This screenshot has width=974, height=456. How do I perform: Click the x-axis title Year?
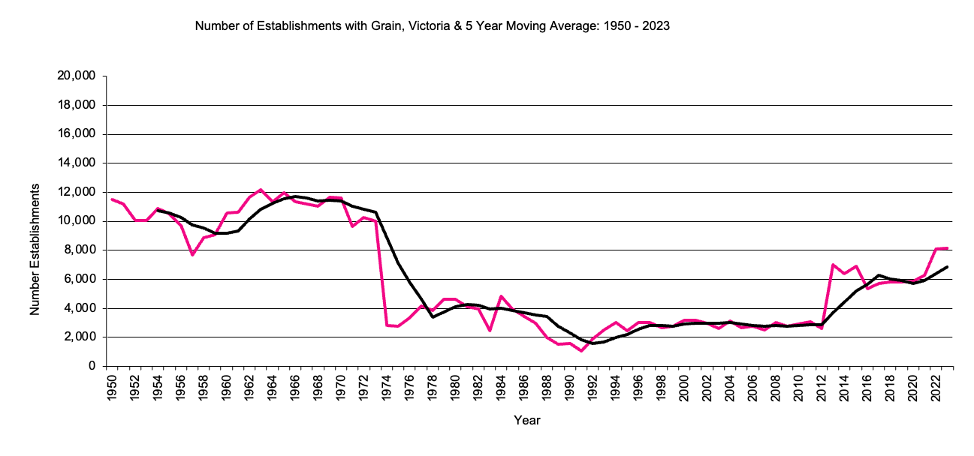tap(526, 421)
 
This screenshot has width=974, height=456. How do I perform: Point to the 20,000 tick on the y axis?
tap(76, 76)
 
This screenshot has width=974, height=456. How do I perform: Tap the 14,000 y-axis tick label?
tap(76, 163)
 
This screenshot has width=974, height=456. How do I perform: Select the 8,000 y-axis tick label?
tap(79, 250)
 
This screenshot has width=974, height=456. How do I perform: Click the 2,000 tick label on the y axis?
tap(79, 337)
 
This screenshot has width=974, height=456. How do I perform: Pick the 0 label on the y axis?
tap(92, 367)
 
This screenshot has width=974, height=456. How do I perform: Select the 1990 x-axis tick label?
tap(569, 388)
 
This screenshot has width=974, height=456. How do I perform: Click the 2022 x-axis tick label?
tap(936, 388)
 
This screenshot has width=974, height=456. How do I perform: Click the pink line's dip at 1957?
tap(192, 255)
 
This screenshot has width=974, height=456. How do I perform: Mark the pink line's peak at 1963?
tap(261, 190)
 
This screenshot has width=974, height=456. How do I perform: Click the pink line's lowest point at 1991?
tap(580, 351)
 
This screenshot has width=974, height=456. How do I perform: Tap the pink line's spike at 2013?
tap(832, 265)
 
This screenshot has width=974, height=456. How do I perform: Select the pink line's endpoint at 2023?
tap(947, 247)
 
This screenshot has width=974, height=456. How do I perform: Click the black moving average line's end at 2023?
tap(947, 267)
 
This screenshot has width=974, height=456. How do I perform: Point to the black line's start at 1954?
tap(158, 210)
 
